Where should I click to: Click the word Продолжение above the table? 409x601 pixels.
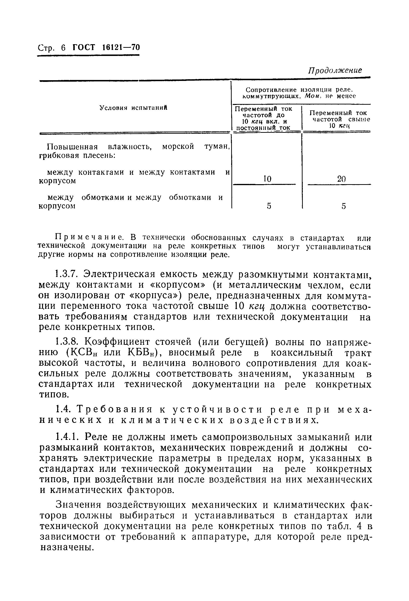[x=335, y=70]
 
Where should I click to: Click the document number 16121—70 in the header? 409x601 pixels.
[x=121, y=47]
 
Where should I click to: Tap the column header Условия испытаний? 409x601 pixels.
[x=133, y=108]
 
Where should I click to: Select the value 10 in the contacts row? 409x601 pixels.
[x=267, y=179]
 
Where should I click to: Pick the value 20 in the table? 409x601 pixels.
[x=341, y=179]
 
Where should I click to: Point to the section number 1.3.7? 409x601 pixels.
[x=68, y=274]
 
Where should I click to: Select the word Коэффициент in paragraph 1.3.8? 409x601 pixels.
[x=118, y=342]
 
